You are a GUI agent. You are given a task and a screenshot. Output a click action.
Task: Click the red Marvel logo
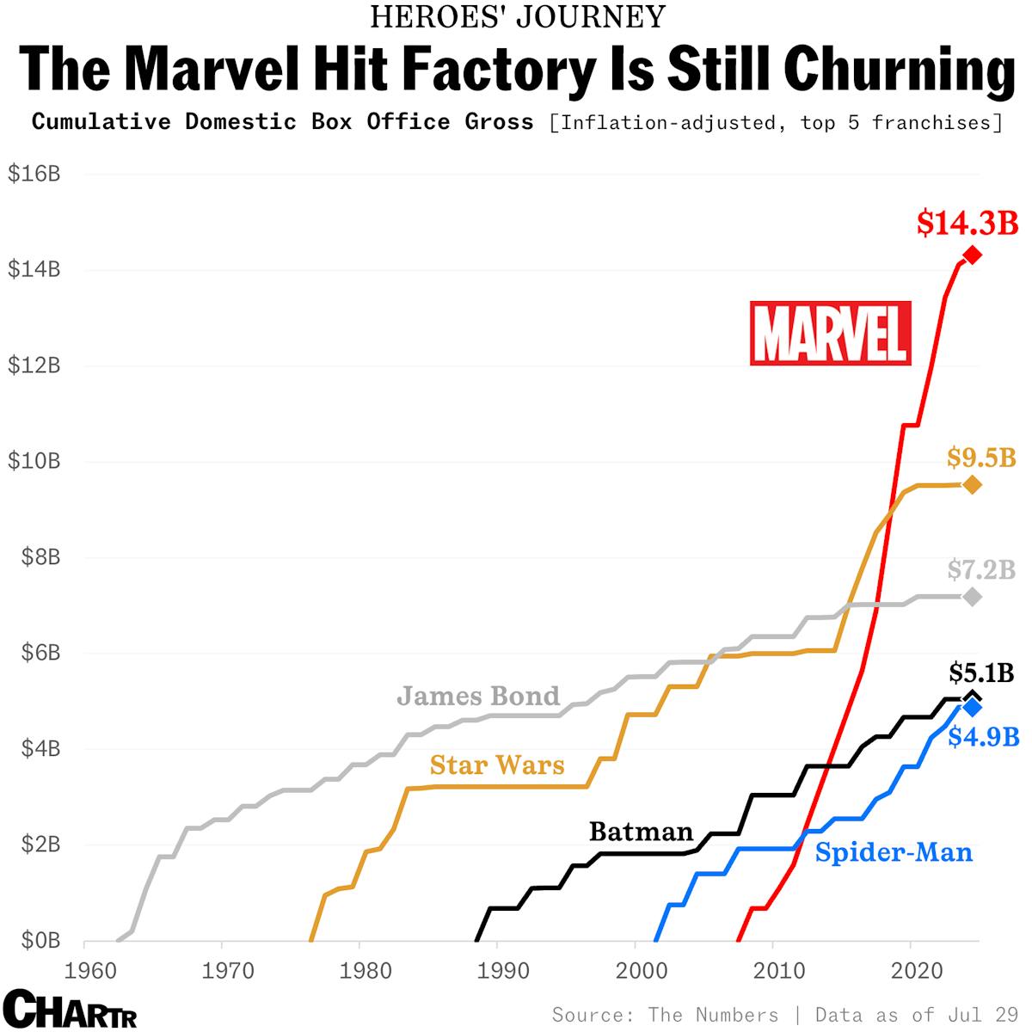pos(830,333)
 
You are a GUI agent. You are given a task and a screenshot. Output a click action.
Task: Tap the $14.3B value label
pos(967,223)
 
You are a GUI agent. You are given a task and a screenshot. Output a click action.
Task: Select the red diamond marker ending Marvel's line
pos(972,255)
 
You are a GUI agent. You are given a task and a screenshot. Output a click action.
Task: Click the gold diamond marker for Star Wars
pos(972,485)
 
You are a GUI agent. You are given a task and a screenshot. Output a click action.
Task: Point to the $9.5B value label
pos(981,458)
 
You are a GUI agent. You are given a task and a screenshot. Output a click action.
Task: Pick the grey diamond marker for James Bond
pos(972,597)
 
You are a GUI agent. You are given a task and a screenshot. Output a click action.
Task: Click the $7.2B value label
pos(981,569)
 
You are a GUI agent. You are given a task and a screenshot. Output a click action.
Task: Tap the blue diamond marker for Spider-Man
pos(972,707)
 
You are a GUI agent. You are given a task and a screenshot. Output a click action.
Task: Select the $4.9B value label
pos(983,737)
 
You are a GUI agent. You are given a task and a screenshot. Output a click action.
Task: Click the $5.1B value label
pos(981,672)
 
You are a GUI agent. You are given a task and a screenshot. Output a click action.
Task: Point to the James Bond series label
pos(478,696)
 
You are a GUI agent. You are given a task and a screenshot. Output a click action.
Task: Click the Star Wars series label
pos(497,765)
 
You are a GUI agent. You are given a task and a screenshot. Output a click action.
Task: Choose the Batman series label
pos(641,832)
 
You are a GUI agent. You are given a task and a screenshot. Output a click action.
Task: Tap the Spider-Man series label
pos(894,852)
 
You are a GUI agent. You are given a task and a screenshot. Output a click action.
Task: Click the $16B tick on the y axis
pos(34,174)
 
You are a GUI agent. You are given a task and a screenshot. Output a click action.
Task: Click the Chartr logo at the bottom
pos(70,1009)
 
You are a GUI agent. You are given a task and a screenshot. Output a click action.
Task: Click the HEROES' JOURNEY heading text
pos(518,16)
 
